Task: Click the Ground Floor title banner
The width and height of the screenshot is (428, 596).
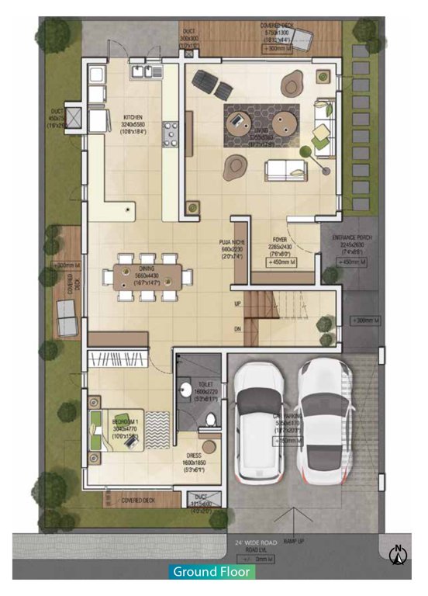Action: point(212,572)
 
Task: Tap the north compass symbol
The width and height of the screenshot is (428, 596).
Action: point(399,554)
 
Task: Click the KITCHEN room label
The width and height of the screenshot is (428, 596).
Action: point(133,118)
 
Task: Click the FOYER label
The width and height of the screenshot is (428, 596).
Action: point(281,240)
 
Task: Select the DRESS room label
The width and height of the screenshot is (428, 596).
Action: point(194,456)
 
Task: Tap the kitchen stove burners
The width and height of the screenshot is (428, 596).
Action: point(171,135)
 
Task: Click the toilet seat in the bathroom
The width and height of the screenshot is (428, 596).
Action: point(209,421)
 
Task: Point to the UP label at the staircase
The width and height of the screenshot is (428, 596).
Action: point(238,304)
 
